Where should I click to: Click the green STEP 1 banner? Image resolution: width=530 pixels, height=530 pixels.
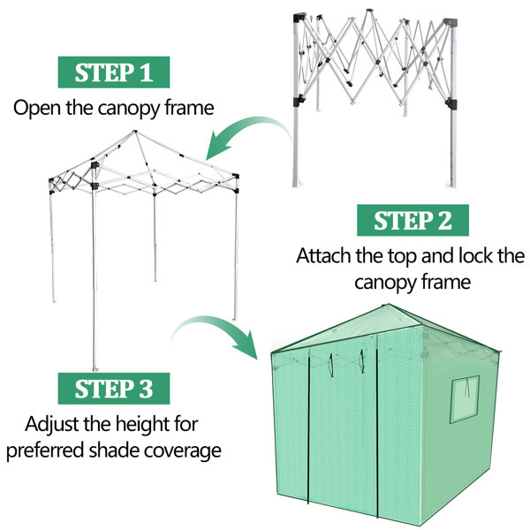click(x=114, y=72)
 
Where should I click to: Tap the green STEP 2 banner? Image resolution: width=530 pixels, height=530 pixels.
click(x=413, y=220)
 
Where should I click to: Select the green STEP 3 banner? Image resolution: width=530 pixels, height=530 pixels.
click(x=114, y=389)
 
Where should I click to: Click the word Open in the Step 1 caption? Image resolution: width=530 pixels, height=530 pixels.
click(x=38, y=109)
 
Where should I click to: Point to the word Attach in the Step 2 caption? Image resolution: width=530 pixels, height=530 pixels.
click(x=324, y=256)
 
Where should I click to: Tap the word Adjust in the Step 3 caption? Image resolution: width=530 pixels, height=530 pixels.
click(x=52, y=425)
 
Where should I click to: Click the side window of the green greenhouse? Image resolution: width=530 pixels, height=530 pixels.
click(x=465, y=399)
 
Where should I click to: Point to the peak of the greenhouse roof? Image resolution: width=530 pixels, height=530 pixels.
click(x=388, y=305)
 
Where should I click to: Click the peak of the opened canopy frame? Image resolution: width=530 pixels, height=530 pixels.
click(x=135, y=131)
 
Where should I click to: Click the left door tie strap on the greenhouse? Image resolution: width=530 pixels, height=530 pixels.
click(x=331, y=365)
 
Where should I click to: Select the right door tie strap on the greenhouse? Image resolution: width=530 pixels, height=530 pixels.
click(x=361, y=361)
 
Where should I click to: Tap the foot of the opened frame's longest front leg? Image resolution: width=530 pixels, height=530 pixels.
click(x=95, y=368)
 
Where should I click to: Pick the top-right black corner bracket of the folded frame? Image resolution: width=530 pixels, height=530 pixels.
click(x=450, y=23)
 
